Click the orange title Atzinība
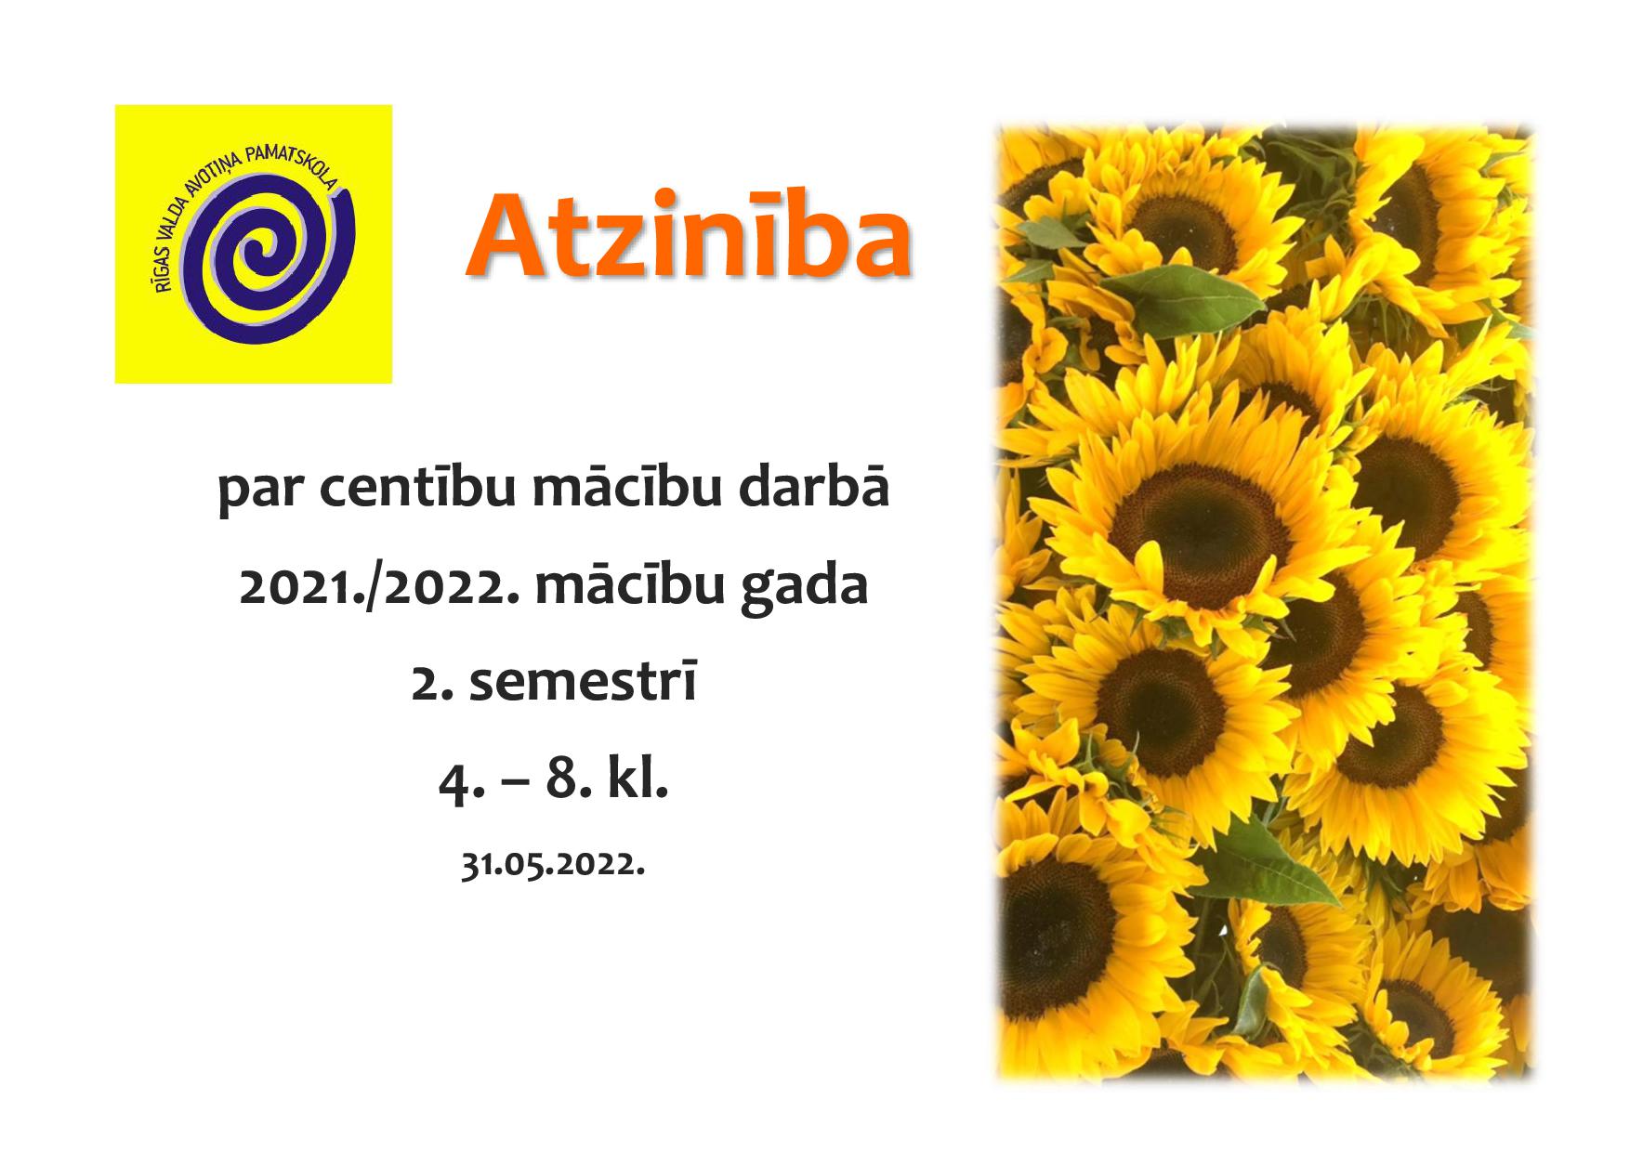688,239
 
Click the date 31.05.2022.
553,865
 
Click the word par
263,494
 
